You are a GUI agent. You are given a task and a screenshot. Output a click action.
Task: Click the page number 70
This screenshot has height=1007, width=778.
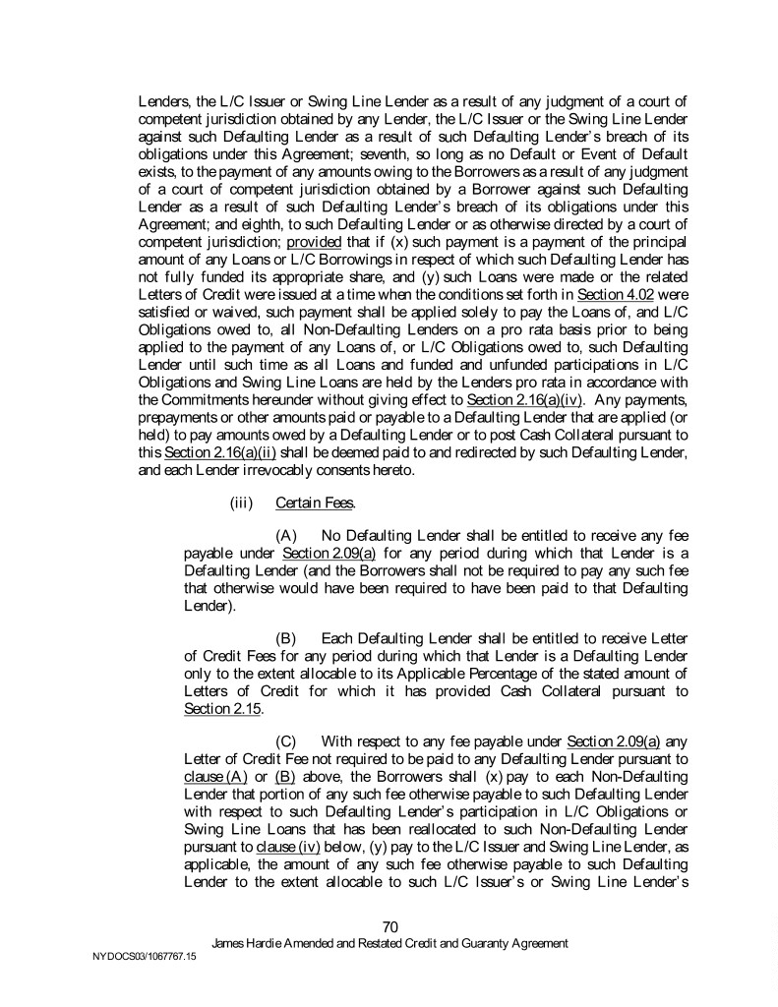tap(389, 925)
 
